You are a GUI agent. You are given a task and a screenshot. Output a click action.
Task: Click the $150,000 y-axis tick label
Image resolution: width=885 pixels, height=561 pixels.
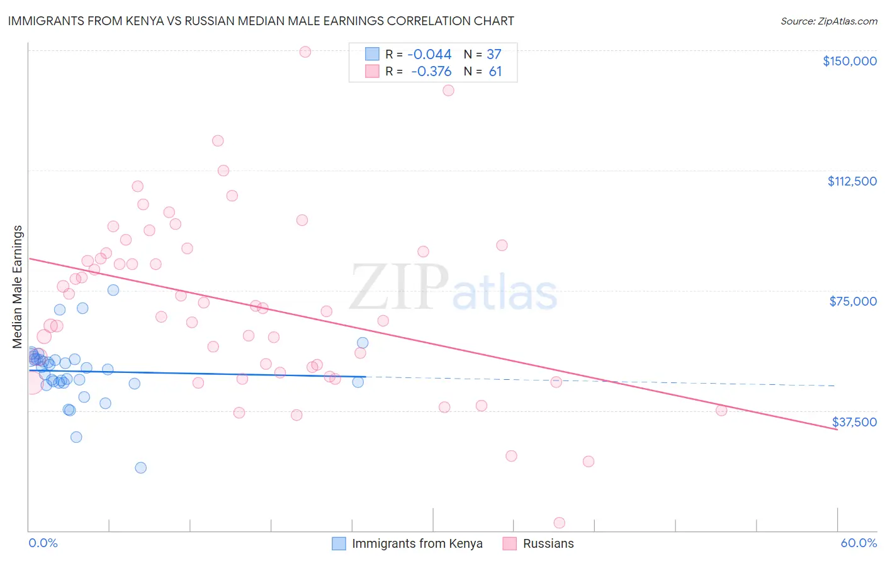click(849, 61)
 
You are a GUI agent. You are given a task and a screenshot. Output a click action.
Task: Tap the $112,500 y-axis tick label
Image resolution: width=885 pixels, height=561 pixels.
click(852, 181)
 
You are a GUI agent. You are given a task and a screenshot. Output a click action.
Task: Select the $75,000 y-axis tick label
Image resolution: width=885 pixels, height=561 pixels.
click(853, 301)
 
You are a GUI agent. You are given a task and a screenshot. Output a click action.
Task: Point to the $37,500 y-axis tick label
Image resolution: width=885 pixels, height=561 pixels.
click(854, 422)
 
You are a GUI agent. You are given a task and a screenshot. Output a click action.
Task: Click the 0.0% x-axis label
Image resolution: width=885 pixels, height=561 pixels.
click(43, 543)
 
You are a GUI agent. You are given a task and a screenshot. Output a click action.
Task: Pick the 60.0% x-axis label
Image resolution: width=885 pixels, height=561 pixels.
click(858, 543)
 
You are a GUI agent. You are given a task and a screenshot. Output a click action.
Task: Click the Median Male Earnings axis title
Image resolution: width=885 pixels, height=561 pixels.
click(18, 287)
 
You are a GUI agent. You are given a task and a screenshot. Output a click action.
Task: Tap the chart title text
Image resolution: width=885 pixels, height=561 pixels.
click(261, 21)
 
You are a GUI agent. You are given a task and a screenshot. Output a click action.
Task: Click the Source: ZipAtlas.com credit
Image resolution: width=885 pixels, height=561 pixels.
click(828, 21)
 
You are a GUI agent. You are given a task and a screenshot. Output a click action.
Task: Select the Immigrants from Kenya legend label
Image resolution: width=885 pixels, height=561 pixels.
click(417, 543)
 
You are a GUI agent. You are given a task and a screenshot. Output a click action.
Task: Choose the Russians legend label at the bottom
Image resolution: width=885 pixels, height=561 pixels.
click(548, 543)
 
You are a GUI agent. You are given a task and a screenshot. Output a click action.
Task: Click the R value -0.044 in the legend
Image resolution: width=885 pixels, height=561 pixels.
click(429, 55)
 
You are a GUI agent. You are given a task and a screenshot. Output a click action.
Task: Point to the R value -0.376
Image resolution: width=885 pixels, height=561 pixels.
click(431, 72)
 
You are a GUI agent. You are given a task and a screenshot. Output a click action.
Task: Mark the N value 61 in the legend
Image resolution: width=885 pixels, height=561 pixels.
click(495, 72)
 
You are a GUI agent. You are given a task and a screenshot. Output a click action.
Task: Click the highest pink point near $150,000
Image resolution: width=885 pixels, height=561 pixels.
click(305, 52)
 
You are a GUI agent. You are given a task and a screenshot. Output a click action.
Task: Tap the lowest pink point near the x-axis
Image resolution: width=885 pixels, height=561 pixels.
click(559, 523)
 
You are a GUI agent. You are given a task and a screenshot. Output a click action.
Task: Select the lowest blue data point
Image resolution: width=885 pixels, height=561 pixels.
click(140, 467)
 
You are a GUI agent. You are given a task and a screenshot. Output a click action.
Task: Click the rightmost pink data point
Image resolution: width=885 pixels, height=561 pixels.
click(721, 410)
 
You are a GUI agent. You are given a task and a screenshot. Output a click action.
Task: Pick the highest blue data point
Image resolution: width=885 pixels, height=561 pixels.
click(113, 290)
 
